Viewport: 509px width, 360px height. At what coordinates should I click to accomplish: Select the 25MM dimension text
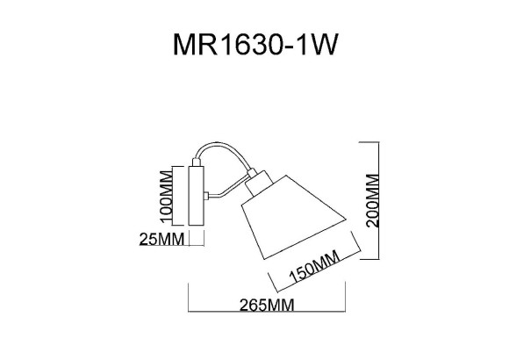(x=161, y=238)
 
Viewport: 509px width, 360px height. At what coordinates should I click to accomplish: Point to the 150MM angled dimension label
(x=313, y=270)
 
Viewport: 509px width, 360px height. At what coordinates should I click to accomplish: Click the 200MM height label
(x=372, y=199)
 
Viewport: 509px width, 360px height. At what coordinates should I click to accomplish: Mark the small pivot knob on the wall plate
(x=205, y=195)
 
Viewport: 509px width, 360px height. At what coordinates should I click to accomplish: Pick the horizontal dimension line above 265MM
(x=266, y=295)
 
